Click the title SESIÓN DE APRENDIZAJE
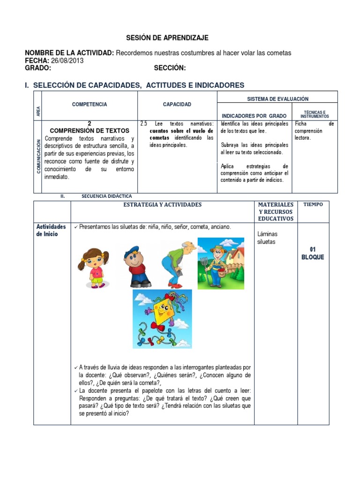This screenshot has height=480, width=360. click(x=167, y=38)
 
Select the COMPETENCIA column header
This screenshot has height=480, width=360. click(x=89, y=105)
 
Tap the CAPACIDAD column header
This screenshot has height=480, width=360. click(x=177, y=105)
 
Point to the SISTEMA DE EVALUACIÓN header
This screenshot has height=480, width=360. click(x=277, y=99)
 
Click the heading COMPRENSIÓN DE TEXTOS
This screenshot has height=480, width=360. click(x=89, y=131)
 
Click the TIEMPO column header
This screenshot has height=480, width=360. click(x=313, y=205)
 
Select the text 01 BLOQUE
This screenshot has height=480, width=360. click(x=313, y=253)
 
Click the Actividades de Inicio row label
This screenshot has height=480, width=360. click(x=51, y=230)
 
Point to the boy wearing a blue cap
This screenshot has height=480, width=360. click(x=136, y=266)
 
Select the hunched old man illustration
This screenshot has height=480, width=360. click(x=178, y=263)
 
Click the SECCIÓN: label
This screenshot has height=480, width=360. click(x=170, y=68)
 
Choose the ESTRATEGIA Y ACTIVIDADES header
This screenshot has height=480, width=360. click(x=162, y=205)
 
